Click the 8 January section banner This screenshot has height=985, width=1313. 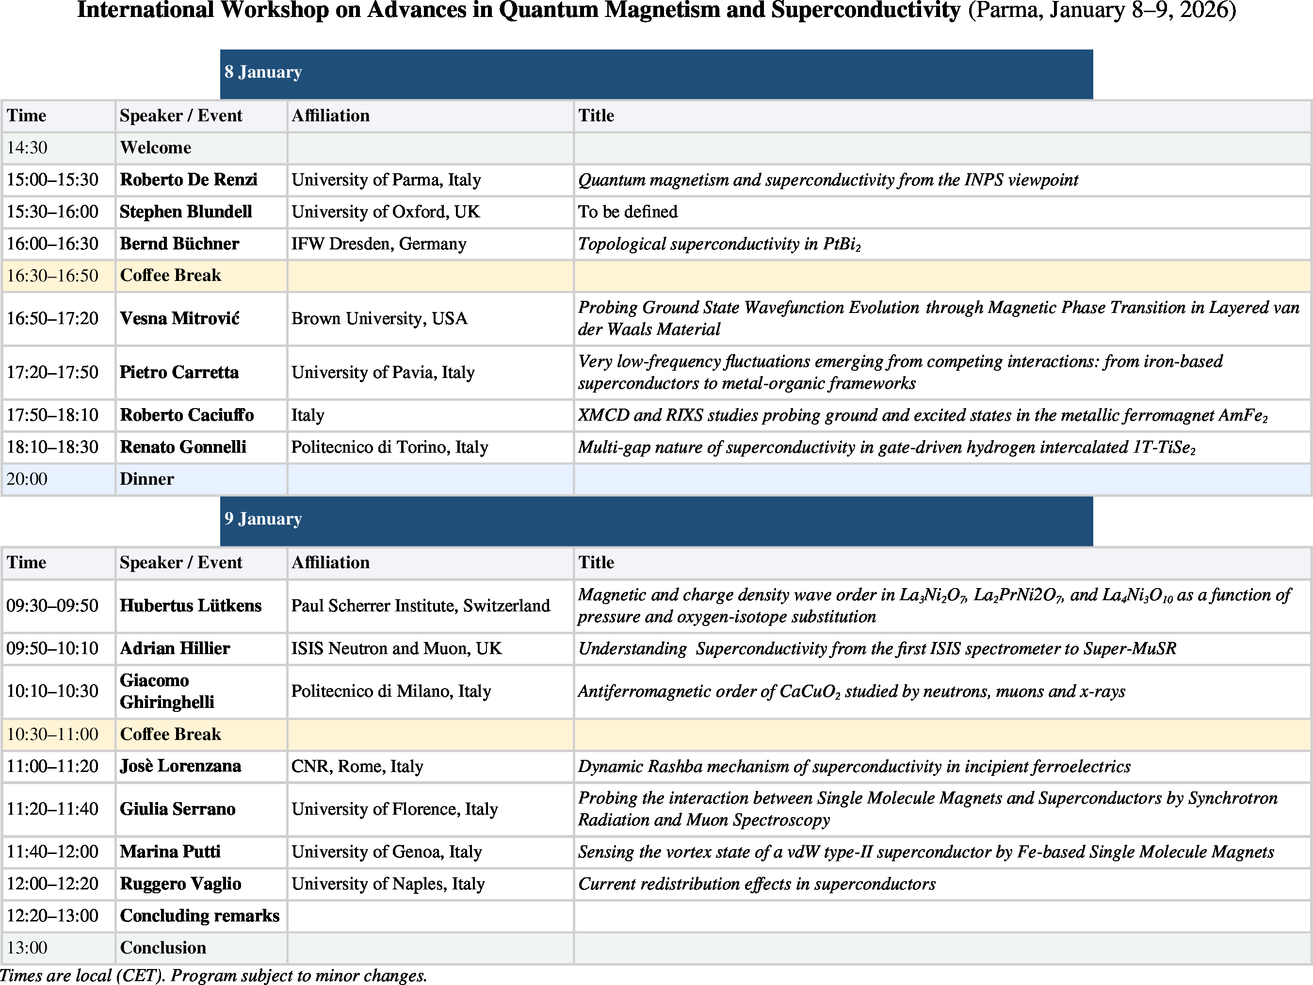[656, 73]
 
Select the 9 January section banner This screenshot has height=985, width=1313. [656, 520]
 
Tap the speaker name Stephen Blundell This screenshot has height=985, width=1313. [186, 212]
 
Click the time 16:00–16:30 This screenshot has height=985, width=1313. [52, 244]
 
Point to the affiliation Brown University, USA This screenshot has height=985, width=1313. [379, 319]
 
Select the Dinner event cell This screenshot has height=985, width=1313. [146, 479]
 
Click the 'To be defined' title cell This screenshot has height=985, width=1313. [628, 212]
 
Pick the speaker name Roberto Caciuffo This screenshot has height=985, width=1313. [186, 415]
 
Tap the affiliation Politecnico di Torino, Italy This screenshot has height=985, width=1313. [389, 447]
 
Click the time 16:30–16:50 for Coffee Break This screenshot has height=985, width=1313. [52, 276]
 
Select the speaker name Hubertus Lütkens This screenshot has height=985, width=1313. [191, 606]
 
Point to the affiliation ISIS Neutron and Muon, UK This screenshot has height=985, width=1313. [396, 648]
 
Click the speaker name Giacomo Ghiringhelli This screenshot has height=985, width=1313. [167, 691]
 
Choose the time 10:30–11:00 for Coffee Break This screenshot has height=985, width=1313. [52, 735]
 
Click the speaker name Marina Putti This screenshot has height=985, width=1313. [170, 852]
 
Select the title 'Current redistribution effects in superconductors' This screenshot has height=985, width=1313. [756, 884]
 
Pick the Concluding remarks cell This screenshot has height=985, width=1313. [199, 916]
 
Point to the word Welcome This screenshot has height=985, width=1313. [156, 148]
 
